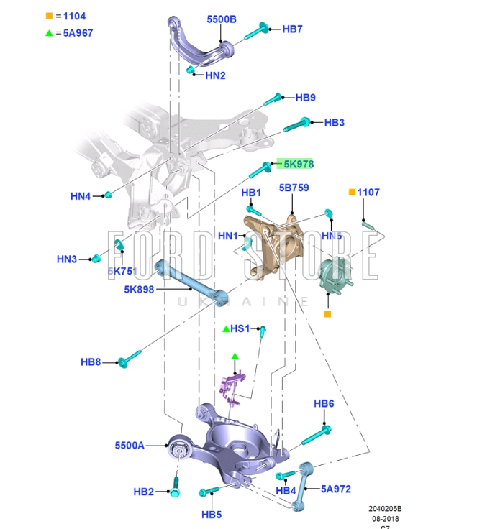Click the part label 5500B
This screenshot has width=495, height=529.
pyautogui.click(x=221, y=19)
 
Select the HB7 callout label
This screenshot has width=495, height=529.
pyautogui.click(x=292, y=29)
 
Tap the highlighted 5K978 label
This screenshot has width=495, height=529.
pyautogui.click(x=298, y=165)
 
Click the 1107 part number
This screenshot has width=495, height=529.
pyautogui.click(x=368, y=193)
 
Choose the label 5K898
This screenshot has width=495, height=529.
pyautogui.click(x=138, y=290)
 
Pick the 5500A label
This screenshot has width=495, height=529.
pyautogui.click(x=130, y=446)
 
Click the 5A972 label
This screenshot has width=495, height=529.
pyautogui.click(x=336, y=489)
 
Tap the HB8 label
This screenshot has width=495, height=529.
pyautogui.click(x=91, y=362)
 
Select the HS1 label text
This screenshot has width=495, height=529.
pyautogui.click(x=240, y=328)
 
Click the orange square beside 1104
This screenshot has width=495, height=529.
pyautogui.click(x=50, y=16)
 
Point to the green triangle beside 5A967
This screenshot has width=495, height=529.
pyautogui.click(x=50, y=32)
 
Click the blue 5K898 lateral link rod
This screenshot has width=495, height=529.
pyautogui.click(x=191, y=281)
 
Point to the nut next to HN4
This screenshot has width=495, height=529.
pyautogui.click(x=106, y=195)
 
